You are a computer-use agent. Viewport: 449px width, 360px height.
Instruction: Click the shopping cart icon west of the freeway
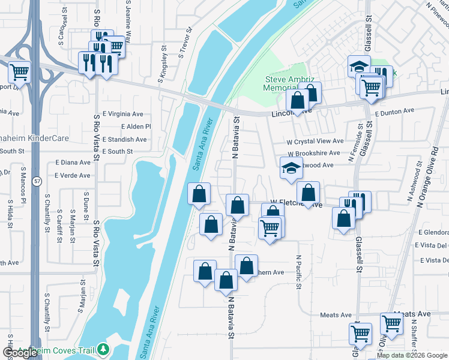click(x=19, y=73)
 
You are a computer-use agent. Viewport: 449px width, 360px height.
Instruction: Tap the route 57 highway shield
click(x=37, y=181)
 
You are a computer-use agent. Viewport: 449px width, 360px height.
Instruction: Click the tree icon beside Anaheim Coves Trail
click(x=104, y=349)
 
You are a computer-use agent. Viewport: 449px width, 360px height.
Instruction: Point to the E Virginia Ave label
click(x=123, y=113)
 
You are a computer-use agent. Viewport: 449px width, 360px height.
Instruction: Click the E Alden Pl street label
click(x=136, y=127)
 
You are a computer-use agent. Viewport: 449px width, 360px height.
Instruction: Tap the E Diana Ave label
click(x=73, y=162)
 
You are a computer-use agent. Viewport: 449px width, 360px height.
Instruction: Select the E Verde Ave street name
click(x=72, y=176)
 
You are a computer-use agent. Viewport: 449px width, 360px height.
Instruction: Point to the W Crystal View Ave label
click(x=315, y=141)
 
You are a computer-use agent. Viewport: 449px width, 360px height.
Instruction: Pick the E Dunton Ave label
click(x=394, y=111)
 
